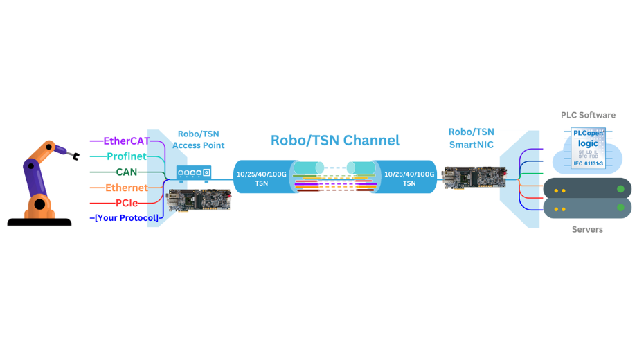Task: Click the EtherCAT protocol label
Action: [x=127, y=141]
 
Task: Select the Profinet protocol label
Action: [x=127, y=156]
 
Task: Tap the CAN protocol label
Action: [x=127, y=172]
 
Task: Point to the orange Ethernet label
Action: [x=127, y=188]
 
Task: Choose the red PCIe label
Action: [x=127, y=203]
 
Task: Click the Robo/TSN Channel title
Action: [x=335, y=140]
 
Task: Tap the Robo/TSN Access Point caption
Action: [x=199, y=140]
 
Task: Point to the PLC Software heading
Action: [x=588, y=115]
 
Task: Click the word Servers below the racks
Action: [x=587, y=229]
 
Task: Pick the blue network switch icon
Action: [x=194, y=172]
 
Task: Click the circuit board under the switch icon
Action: [x=199, y=199]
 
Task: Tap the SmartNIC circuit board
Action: [x=474, y=178]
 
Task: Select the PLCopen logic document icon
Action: [x=589, y=147]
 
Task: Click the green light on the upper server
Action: [x=620, y=189]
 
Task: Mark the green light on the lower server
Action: [x=620, y=208]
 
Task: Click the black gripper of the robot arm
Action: [x=74, y=156]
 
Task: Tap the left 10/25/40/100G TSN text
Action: [x=262, y=179]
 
